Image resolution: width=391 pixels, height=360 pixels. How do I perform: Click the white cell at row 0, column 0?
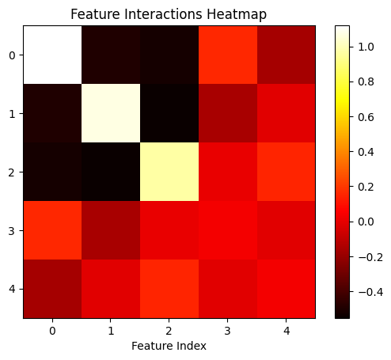52,55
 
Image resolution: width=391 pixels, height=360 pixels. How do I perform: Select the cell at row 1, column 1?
111,113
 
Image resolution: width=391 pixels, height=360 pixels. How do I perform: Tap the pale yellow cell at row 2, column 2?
169,172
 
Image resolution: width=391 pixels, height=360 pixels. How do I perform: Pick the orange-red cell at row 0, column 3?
228,55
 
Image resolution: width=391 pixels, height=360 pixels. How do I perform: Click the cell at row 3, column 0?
52,230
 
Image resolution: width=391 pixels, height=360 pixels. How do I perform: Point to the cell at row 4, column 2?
169,289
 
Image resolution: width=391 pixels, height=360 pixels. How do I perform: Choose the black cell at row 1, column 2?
169,113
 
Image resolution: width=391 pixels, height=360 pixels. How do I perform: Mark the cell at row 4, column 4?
287,289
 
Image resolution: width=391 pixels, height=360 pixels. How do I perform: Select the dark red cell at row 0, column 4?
287,55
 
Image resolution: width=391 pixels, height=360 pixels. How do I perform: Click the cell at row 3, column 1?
111,230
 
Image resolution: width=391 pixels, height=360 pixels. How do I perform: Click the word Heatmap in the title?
237,14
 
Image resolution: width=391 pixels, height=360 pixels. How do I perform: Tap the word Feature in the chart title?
95,14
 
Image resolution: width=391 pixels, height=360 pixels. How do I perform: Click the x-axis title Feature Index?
169,346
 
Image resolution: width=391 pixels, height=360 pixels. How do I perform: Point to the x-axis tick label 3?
228,331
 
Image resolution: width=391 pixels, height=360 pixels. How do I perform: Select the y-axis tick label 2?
12,172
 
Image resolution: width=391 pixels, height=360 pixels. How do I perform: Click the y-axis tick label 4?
12,290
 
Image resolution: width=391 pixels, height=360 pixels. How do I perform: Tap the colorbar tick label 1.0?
366,47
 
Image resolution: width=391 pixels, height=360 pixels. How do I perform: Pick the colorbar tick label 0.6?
366,117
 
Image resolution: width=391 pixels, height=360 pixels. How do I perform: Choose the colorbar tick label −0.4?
370,292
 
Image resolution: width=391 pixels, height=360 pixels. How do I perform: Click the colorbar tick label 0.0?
366,222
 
